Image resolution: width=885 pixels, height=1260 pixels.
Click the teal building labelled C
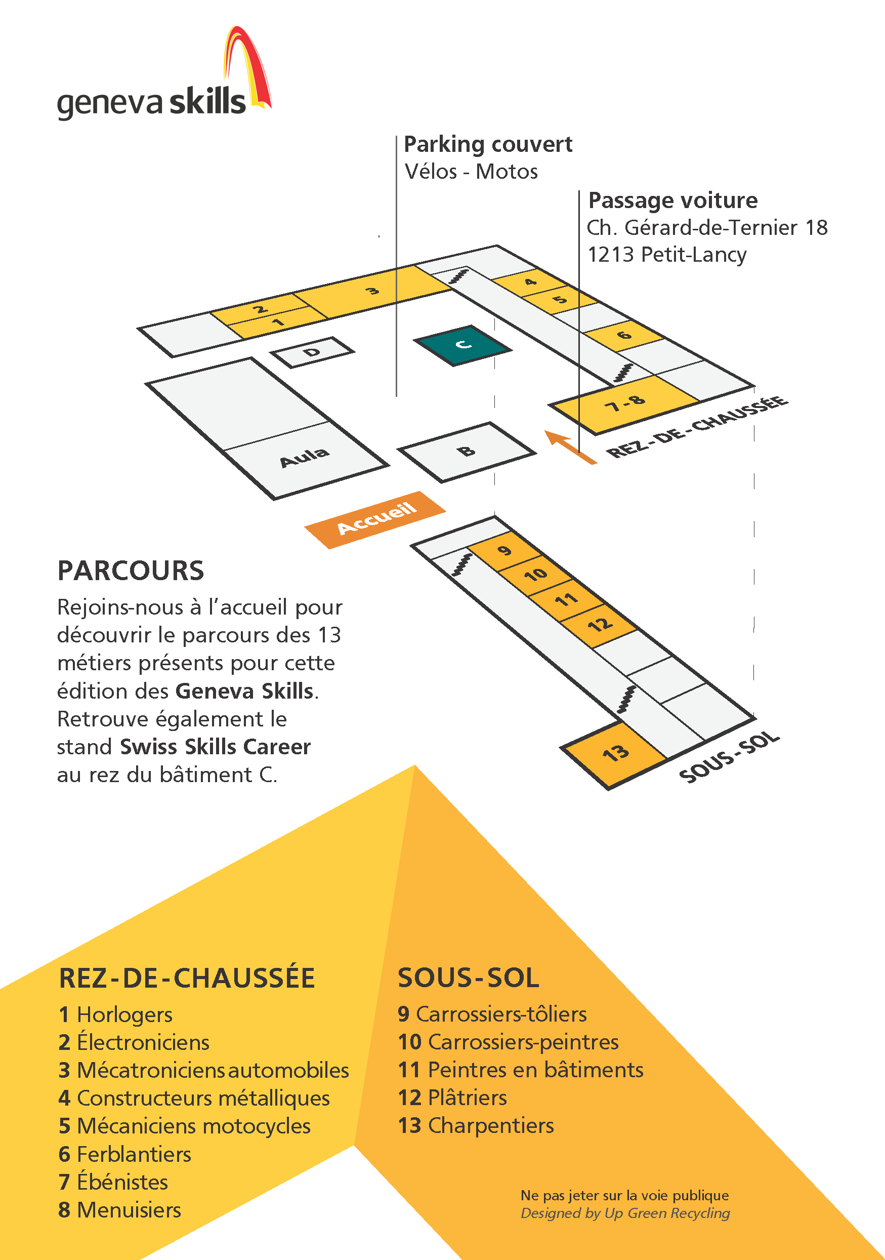462,345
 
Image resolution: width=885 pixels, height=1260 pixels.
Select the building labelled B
467,452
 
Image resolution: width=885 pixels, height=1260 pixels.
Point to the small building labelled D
312,352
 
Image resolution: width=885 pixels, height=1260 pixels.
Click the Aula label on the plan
305,457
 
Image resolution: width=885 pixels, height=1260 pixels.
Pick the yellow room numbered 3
373,292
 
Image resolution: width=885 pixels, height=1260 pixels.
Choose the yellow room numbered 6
624,335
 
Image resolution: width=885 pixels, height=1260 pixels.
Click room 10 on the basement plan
535,574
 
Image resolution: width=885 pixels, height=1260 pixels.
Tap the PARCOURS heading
131,571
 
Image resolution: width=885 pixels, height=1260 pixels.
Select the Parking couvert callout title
488,144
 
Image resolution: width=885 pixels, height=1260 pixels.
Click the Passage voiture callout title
672,200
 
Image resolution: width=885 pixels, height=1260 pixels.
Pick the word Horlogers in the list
124,1014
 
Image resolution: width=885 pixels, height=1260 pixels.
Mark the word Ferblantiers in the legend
134,1154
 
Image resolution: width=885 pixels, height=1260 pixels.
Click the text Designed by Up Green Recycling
625,1213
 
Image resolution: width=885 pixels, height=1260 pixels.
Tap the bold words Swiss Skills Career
215,747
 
